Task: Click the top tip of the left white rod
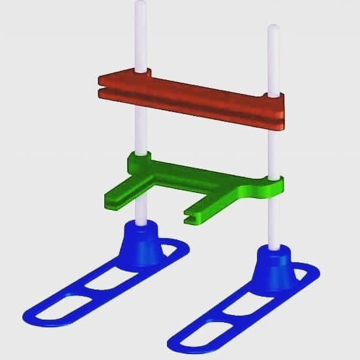[140, 6]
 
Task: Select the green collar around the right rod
[273, 185]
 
